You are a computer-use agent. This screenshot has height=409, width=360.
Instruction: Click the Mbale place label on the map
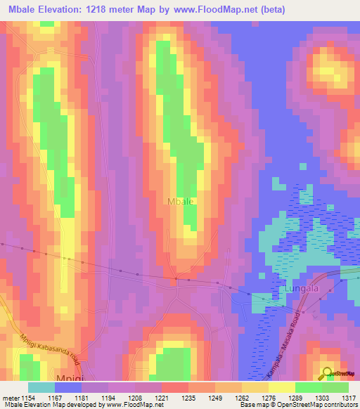pos(181,201)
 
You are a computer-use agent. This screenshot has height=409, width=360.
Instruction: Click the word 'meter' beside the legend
pos(9,398)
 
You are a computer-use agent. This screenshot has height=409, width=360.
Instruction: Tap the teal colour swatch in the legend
pos(41,387)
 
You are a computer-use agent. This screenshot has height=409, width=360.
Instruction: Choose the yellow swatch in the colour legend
pos(282,387)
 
